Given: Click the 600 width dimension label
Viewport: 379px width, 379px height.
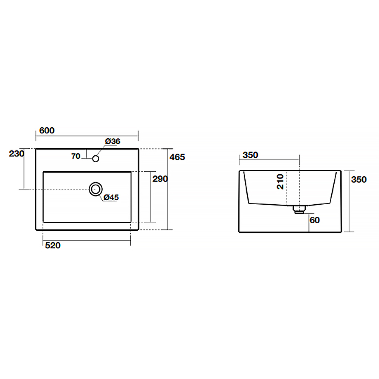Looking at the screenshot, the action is click(x=47, y=130).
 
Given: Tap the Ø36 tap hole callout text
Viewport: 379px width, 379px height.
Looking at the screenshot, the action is click(x=113, y=141).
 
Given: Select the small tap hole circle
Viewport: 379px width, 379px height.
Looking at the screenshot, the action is click(x=96, y=158).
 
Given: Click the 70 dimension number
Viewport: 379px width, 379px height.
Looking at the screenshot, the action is click(x=76, y=156).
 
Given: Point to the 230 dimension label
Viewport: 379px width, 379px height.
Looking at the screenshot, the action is click(x=16, y=153).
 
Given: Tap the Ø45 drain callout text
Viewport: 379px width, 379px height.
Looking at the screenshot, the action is click(x=111, y=197).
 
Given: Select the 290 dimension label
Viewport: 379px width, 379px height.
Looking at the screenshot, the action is click(x=160, y=179).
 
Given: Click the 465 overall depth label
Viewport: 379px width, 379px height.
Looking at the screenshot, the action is click(x=177, y=157).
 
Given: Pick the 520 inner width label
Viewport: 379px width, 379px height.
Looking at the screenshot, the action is click(x=53, y=245).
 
